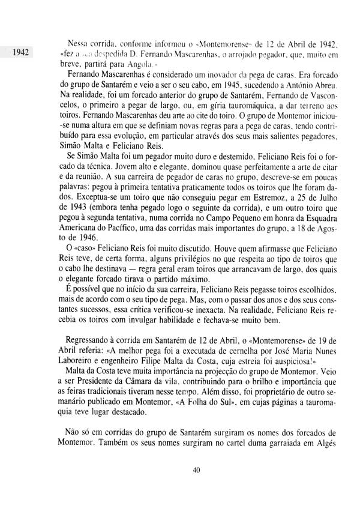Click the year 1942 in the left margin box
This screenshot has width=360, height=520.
(20, 52)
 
